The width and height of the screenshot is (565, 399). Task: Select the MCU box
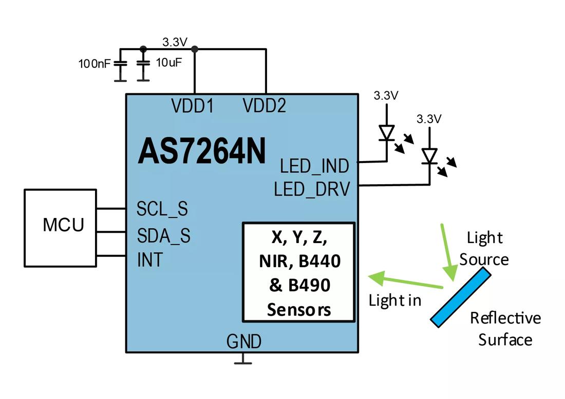click(x=60, y=227)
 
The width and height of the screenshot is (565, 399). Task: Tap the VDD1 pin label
click(x=193, y=106)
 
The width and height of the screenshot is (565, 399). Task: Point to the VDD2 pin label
click(x=265, y=106)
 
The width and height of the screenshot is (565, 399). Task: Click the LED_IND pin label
click(x=314, y=166)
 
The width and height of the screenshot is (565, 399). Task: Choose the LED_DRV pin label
click(x=312, y=190)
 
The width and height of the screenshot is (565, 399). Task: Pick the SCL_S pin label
click(x=162, y=209)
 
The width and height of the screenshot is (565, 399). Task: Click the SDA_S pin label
click(x=163, y=235)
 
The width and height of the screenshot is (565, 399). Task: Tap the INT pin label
click(x=149, y=260)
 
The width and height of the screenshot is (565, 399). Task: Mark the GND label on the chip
click(x=244, y=341)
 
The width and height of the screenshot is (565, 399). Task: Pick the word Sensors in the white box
click(x=299, y=310)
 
